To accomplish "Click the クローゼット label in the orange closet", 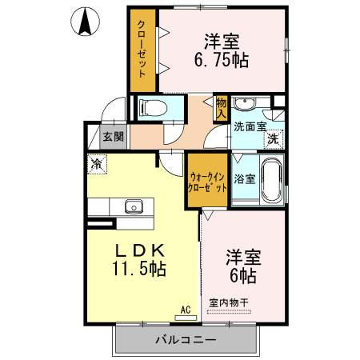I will click(x=142, y=50).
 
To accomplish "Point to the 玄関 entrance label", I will click(x=113, y=136).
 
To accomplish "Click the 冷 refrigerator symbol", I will click(x=97, y=165).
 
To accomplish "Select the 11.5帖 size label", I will click(x=139, y=270).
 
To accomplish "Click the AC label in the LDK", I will click(x=185, y=309).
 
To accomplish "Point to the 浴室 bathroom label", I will click(x=246, y=178).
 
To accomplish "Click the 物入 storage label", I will click(x=222, y=106).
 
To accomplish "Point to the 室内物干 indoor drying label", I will click(x=230, y=302).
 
